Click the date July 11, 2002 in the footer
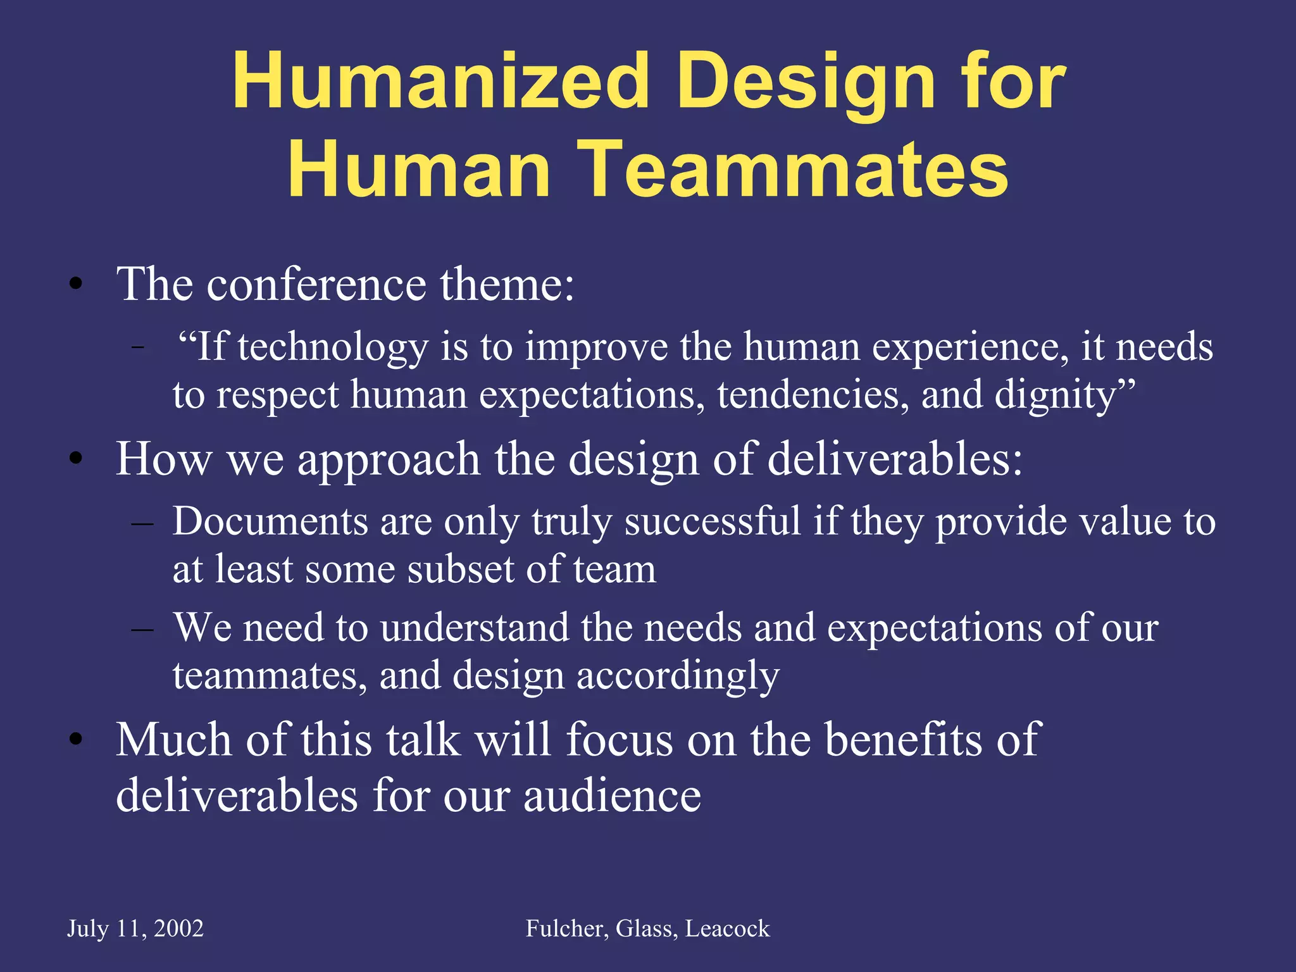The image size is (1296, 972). [x=135, y=928]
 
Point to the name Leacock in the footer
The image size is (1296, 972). [x=728, y=928]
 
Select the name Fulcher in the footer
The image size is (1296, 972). [x=566, y=928]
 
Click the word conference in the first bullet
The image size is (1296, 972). [x=316, y=284]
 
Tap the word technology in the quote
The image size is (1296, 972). [x=333, y=347]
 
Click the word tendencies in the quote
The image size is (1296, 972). [x=813, y=395]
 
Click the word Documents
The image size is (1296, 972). [x=270, y=521]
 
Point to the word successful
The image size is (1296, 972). [x=713, y=521]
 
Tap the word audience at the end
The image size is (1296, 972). [x=612, y=795]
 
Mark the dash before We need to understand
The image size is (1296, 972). [x=142, y=629]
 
